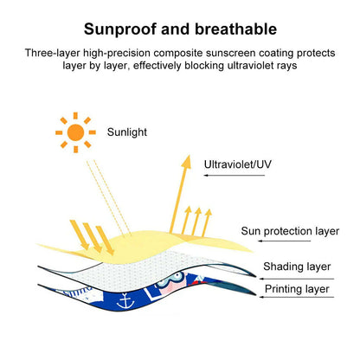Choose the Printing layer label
click(295, 289)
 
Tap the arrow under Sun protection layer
click(260, 241)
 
